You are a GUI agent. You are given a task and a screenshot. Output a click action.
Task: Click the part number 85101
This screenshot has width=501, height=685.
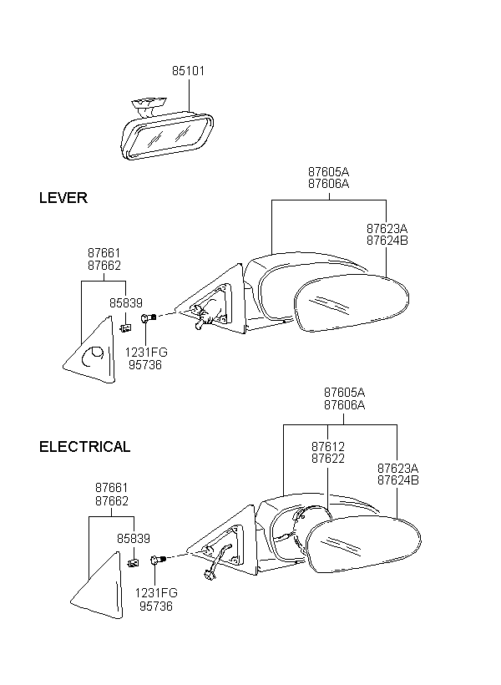pyautogui.click(x=188, y=71)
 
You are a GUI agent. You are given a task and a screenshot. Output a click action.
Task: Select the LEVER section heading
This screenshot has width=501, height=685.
pyautogui.click(x=63, y=198)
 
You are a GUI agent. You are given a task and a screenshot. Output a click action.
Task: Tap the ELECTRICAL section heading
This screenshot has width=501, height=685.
pyautogui.click(x=84, y=446)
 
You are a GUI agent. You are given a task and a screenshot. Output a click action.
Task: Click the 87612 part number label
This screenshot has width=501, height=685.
pyautogui.click(x=328, y=446)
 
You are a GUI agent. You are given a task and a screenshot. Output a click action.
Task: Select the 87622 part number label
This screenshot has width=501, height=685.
pyautogui.click(x=328, y=459)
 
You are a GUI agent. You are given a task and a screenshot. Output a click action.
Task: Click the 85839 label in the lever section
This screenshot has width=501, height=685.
pyautogui.click(x=126, y=302)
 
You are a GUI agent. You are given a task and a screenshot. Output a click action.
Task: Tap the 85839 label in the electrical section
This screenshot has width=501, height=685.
pyautogui.click(x=134, y=539)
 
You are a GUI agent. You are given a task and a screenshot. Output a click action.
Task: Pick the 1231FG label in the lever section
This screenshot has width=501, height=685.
pyautogui.click(x=146, y=353)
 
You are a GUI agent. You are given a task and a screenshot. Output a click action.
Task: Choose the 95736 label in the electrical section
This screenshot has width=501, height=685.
pyautogui.click(x=156, y=606)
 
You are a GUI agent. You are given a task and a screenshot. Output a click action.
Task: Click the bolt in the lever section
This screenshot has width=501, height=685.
pyautogui.click(x=149, y=317)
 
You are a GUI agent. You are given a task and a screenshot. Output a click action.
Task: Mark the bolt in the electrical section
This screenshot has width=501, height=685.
pyautogui.click(x=158, y=559)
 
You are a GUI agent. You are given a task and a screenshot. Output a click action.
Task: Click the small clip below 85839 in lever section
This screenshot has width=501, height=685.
pyautogui.click(x=125, y=327)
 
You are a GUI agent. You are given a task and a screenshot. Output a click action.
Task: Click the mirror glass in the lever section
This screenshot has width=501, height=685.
pyautogui.click(x=352, y=302)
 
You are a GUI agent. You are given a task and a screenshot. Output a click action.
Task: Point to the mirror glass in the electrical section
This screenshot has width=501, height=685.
pyautogui.click(x=363, y=545)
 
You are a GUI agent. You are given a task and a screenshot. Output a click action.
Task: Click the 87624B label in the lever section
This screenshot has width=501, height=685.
pyautogui.click(x=387, y=241)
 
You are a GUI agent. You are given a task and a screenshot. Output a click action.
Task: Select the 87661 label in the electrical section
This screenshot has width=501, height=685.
pyautogui.click(x=112, y=488)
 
